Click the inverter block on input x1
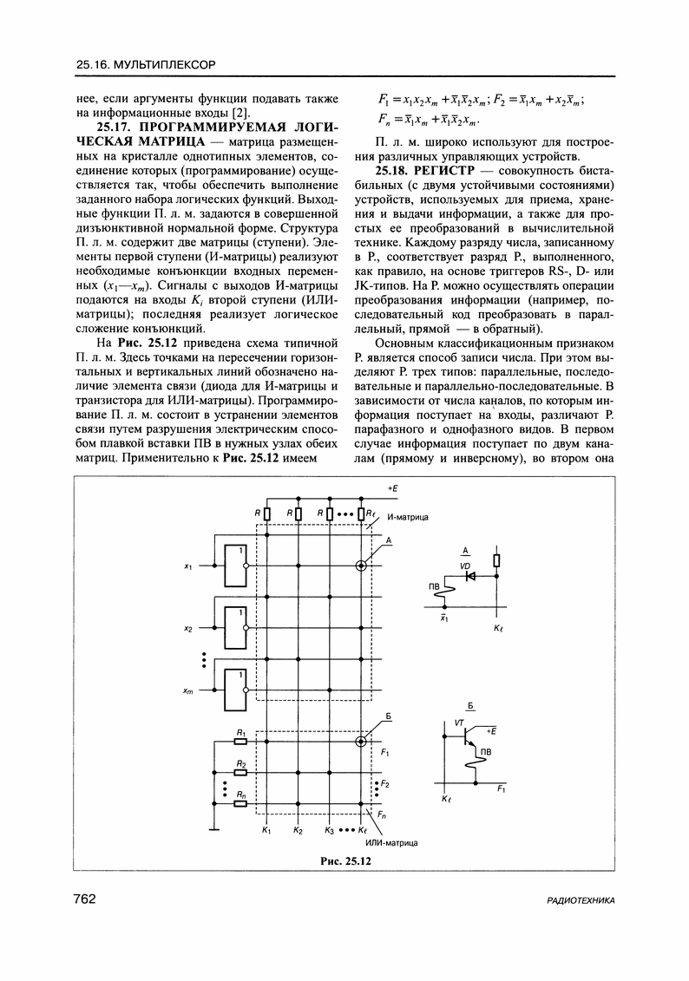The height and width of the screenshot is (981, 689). (x=235, y=566)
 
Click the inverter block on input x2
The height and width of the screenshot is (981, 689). (x=235, y=627)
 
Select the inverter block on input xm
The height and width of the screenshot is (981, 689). (x=235, y=690)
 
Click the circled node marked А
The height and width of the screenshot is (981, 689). (x=362, y=566)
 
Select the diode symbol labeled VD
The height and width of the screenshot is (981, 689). (x=469, y=574)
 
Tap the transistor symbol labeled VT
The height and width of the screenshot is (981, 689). (x=469, y=736)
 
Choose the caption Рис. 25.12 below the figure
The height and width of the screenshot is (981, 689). (x=344, y=860)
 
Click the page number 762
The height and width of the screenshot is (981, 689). (x=84, y=899)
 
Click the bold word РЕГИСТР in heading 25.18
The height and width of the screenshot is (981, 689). (x=447, y=170)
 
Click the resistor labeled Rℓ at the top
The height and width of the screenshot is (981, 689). (x=361, y=514)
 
